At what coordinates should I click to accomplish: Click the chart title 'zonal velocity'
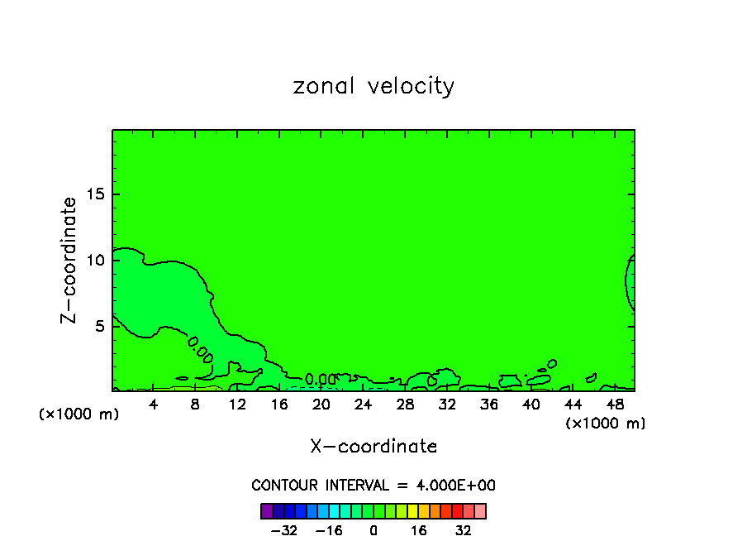373,86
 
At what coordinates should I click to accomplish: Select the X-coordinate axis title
373,447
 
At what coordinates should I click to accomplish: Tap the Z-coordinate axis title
69,260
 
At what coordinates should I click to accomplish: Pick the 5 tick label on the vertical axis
98,326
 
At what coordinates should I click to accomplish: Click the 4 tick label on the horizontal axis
154,405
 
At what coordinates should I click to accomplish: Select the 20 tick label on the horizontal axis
321,405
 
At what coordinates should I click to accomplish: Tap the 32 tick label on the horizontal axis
447,405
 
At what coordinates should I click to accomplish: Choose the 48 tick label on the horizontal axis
615,405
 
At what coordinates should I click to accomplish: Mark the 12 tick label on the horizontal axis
237,405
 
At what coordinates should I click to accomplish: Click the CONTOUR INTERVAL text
373,486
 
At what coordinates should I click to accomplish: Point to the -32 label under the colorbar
283,529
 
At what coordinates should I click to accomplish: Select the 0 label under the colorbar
373,529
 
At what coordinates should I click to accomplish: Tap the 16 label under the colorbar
419,529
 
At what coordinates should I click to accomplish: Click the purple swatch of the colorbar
267,510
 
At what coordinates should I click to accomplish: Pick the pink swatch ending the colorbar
480,510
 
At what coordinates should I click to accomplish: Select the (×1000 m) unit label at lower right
606,423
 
